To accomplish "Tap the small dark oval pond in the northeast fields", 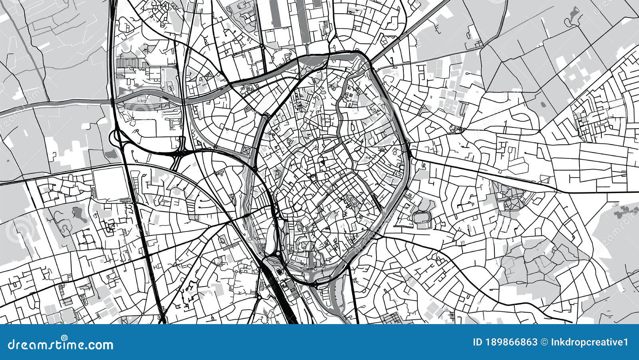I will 543,105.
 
